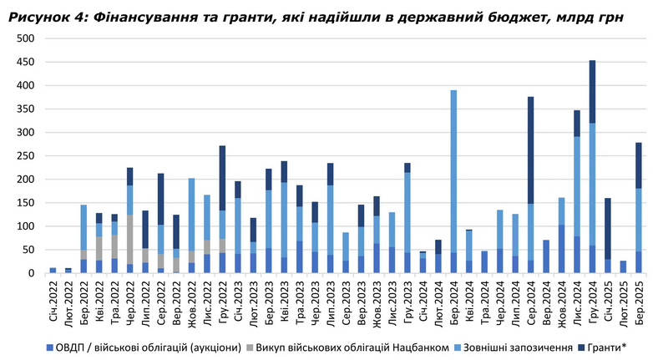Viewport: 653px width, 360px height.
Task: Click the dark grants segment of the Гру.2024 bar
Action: point(592,92)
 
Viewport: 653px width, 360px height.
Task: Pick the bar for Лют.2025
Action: point(623,266)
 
